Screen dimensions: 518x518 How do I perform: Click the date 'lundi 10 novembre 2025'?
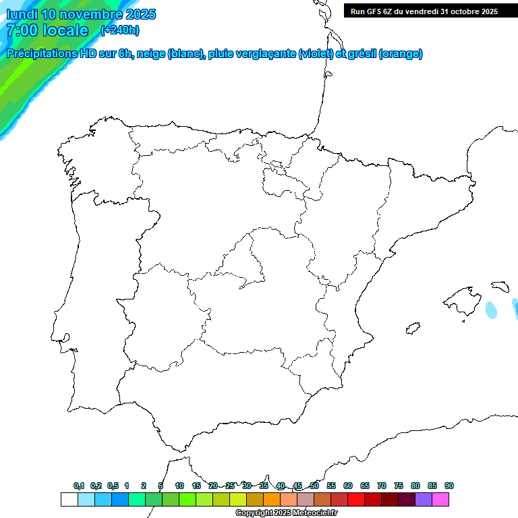pos(81,14)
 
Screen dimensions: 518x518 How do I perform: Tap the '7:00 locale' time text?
pos(47,30)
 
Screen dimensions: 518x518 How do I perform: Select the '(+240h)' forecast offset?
pos(119,30)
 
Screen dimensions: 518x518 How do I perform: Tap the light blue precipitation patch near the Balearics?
pos(492,310)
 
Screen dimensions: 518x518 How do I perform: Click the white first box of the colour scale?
pos(69,499)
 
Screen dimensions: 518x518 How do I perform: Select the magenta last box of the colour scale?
pos(440,499)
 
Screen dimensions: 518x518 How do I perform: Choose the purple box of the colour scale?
pos(424,499)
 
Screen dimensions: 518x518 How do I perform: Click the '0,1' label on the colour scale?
pos(79,486)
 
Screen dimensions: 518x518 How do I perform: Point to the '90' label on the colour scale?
pos(449,486)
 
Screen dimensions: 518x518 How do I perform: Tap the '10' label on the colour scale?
pos(179,486)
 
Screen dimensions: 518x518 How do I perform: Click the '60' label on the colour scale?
pos(348,486)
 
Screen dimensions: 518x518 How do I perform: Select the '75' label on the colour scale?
pos(399,486)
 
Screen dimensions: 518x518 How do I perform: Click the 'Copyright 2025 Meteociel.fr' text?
pos(286,513)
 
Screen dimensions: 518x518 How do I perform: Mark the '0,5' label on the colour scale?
pos(113,486)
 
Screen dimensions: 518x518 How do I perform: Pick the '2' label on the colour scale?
pos(144,486)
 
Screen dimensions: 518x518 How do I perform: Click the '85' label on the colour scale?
pos(432,486)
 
